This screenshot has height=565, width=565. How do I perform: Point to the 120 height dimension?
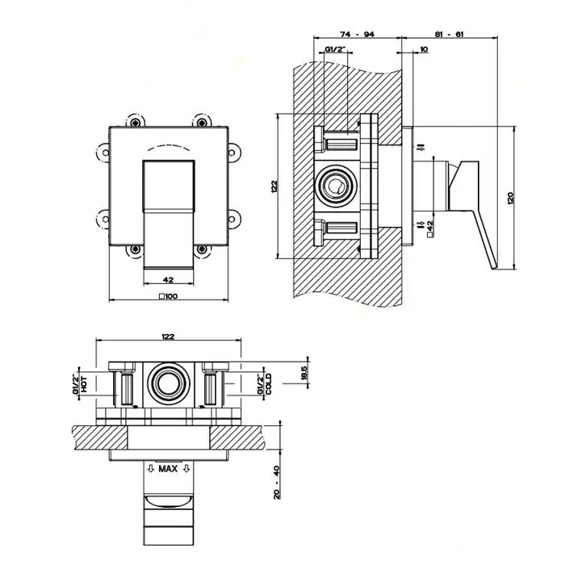pos(509,199)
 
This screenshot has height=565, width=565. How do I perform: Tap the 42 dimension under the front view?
pos(169,279)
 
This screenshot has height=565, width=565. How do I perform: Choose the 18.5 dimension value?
pos(304,374)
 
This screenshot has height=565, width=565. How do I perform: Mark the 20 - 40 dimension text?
pos(275,482)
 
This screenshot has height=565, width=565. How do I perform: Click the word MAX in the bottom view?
pos(168,468)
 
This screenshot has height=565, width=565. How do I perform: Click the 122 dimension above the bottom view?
pos(168,336)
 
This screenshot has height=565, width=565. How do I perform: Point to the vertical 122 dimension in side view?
pos(274,186)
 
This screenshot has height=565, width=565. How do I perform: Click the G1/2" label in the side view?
pos(335,51)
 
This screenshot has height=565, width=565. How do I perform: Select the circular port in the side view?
pos(335,187)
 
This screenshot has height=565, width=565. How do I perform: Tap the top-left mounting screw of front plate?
pos(136,122)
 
